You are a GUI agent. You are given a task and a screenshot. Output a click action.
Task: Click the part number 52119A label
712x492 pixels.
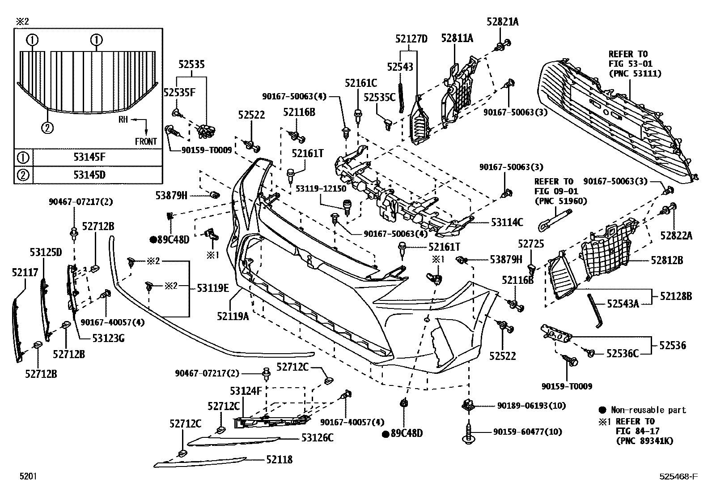pyautogui.click(x=233, y=317)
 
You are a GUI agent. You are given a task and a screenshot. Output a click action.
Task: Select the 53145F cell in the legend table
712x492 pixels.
pyautogui.click(x=89, y=157)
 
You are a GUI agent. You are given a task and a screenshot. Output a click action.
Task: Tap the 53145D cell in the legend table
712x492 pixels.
pyautogui.click(x=89, y=175)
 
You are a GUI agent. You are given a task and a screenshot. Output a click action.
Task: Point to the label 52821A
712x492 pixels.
pyautogui.click(x=502, y=21)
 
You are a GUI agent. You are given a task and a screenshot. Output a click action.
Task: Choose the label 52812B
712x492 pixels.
pyautogui.click(x=667, y=260)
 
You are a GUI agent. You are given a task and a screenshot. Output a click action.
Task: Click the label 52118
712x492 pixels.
pyautogui.click(x=279, y=459)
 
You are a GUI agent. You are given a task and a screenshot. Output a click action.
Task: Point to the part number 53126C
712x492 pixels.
pyautogui.click(x=318, y=438)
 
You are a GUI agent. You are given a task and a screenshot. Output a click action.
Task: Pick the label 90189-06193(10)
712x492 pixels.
pyautogui.click(x=531, y=406)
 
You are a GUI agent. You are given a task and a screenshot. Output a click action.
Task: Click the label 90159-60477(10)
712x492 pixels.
pyautogui.click(x=528, y=432)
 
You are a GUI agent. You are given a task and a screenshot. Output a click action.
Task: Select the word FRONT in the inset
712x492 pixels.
pyautogui.click(x=146, y=141)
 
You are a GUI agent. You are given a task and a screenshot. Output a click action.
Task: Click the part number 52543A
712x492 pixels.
pyautogui.click(x=623, y=304)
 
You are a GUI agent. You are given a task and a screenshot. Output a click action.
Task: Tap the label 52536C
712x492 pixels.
pyautogui.click(x=623, y=354)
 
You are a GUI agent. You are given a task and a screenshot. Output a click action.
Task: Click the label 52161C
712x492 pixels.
pyautogui.click(x=361, y=83)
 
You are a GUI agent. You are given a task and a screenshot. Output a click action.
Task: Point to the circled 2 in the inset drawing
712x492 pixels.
pyautogui.click(x=47, y=128)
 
